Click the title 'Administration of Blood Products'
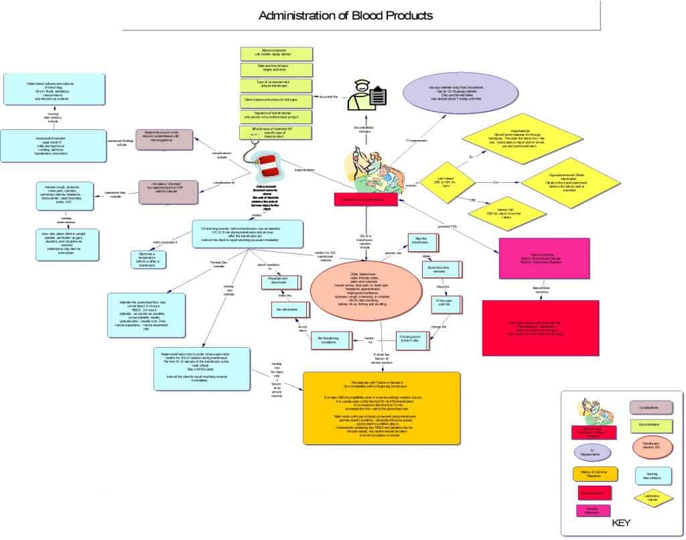[x=345, y=15]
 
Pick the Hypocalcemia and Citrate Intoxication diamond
[x=571, y=182]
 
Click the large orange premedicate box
[x=381, y=407]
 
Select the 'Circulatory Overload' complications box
[x=168, y=192]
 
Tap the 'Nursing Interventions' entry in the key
[x=651, y=476]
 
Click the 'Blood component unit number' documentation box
[x=277, y=54]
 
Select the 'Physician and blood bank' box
[x=277, y=282]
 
